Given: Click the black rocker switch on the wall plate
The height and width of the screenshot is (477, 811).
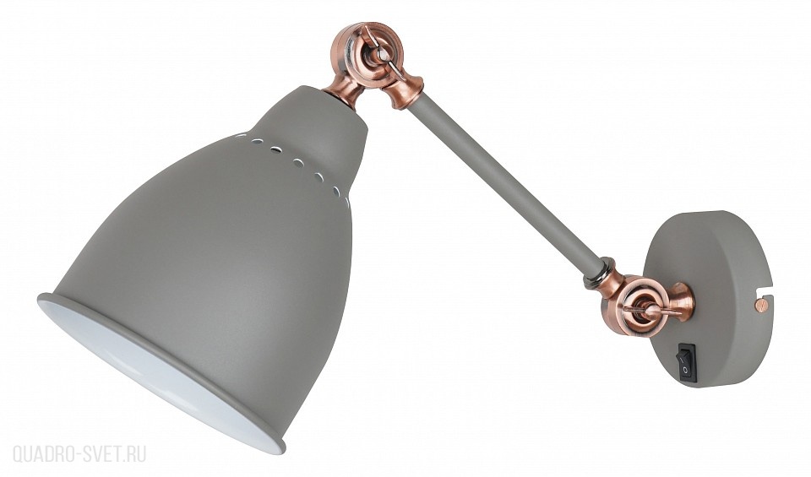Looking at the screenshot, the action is pos(689,363).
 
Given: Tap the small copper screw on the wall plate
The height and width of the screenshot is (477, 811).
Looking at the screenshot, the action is pos(759,306).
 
